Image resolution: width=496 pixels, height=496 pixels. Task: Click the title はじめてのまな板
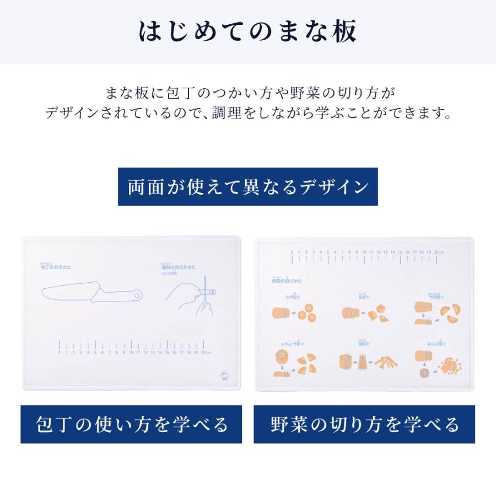click(x=248, y=31)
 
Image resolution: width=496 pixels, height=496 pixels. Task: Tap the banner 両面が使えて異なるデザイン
click(x=248, y=187)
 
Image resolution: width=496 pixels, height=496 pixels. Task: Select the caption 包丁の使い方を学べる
click(x=131, y=424)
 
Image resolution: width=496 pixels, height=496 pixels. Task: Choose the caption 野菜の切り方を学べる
click(x=364, y=424)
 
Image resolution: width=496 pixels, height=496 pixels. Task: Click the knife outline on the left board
click(x=91, y=293)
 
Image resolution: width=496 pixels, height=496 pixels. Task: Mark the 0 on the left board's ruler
click(x=60, y=353)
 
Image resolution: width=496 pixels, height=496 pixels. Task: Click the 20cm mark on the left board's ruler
click(x=205, y=353)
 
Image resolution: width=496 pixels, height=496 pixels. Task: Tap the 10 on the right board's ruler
click(x=364, y=252)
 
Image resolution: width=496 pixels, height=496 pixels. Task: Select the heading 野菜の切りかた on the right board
click(x=287, y=281)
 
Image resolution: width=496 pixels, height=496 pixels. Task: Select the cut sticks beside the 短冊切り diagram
click(x=386, y=363)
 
